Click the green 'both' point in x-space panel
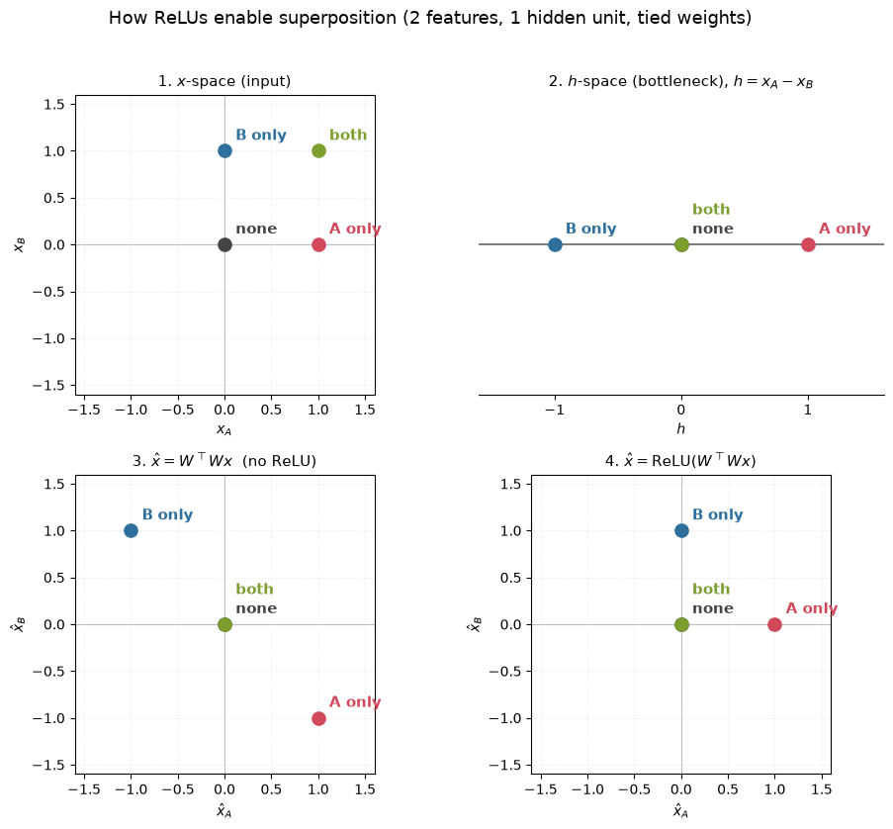pos(318,151)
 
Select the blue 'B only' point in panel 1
pos(224,151)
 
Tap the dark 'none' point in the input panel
pos(224,245)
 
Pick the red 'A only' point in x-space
pos(318,245)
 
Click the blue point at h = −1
pos(555,245)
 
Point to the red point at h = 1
pos(808,245)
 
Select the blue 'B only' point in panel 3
pos(131,531)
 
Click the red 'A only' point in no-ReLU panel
pos(318,718)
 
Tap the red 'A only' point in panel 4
pos(774,625)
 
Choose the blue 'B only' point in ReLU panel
pos(681,531)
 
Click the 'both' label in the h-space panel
pos(711,209)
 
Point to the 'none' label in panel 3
pos(256,608)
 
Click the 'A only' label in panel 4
pos(812,608)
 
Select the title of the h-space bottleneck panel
pos(681,81)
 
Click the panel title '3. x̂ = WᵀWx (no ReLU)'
pos(224,460)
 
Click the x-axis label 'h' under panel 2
pos(681,428)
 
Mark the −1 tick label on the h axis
pos(554,410)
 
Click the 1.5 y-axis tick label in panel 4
pos(510,485)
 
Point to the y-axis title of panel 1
pos(20,245)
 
